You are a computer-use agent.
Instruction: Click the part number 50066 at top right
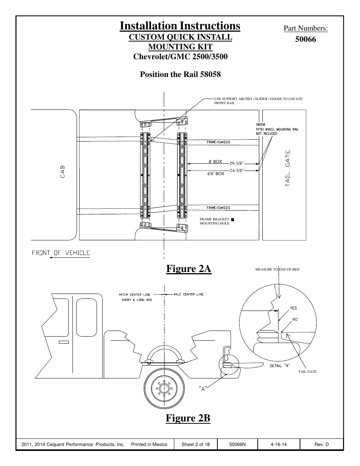[306, 39]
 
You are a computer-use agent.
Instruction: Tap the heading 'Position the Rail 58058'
[180, 74]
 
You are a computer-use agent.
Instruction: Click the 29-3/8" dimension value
[237, 163]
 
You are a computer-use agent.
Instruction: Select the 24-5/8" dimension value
[237, 171]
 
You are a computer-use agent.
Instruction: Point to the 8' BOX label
[215, 161]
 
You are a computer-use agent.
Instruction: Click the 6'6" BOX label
[216, 174]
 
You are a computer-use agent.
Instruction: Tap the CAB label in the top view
[62, 172]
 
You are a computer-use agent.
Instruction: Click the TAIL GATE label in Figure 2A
[288, 168]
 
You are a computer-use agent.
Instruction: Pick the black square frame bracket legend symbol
[232, 220]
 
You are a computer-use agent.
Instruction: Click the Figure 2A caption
[189, 269]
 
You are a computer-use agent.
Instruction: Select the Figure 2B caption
[188, 418]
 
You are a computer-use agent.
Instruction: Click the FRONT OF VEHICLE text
[61, 253]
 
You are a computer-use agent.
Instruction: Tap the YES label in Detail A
[293, 308]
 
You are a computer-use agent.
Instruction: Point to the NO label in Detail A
[295, 320]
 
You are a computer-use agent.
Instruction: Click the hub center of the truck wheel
[164, 388]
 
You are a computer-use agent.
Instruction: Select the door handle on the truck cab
[64, 342]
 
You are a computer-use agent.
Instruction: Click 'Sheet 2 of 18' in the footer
[195, 444]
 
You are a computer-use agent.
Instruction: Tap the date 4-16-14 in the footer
[278, 444]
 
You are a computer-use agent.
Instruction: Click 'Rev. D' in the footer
[322, 444]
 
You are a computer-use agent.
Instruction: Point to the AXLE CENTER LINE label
[188, 294]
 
